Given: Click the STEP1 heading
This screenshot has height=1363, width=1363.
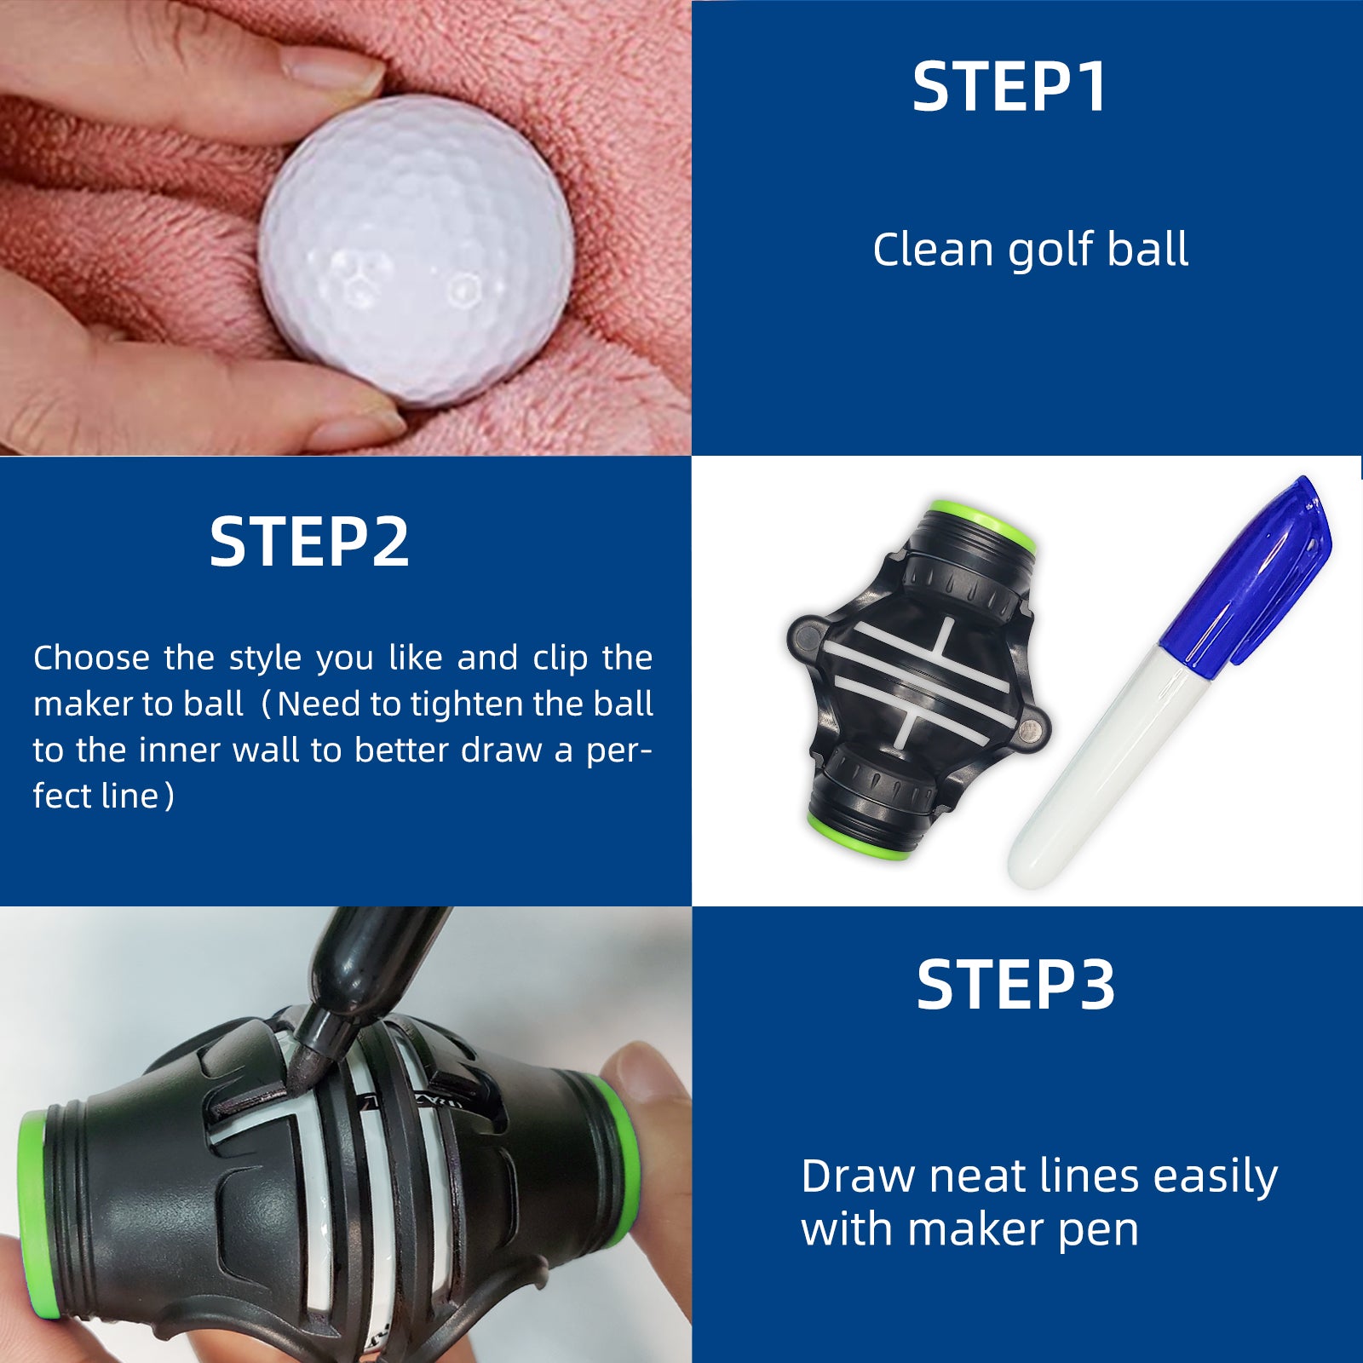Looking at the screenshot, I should click(x=1009, y=87).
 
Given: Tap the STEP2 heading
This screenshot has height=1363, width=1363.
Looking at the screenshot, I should click(x=309, y=542).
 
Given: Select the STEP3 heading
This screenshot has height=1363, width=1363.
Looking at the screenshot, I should click(x=1015, y=986).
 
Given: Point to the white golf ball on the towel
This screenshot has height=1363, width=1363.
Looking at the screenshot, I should click(x=416, y=251).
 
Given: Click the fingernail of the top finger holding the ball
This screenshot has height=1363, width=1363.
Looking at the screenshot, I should click(x=332, y=68).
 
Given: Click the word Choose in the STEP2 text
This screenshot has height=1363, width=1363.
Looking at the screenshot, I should click(x=90, y=658).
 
